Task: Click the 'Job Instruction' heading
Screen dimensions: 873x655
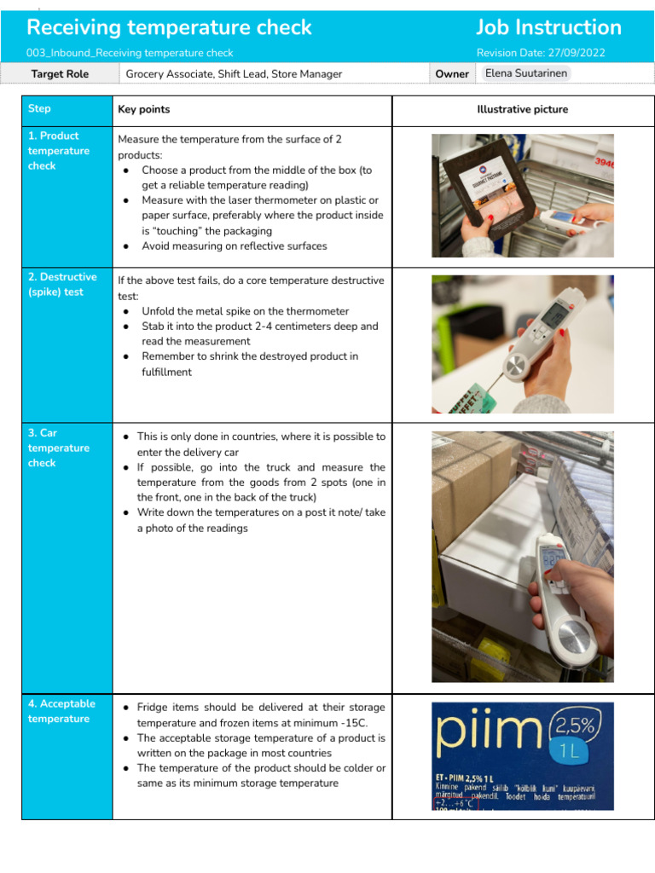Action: click(x=548, y=27)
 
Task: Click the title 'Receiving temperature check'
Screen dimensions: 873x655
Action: click(x=170, y=27)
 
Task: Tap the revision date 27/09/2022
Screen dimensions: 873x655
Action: click(x=577, y=53)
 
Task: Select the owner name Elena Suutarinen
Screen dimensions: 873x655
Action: click(x=525, y=73)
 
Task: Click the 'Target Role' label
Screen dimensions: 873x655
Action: click(x=60, y=74)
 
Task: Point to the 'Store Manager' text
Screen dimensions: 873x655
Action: click(x=309, y=74)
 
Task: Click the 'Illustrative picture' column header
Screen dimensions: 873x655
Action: click(x=522, y=109)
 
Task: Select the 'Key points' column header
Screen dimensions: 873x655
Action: click(x=143, y=109)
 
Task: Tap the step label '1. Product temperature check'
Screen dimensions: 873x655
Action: click(x=58, y=151)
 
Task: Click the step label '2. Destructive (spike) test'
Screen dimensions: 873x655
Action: click(x=62, y=285)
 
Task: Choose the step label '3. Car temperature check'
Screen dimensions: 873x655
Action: click(x=58, y=448)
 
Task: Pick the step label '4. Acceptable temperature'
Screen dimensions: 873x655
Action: click(x=61, y=711)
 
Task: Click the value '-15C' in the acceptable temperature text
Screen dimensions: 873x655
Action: click(x=368, y=723)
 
